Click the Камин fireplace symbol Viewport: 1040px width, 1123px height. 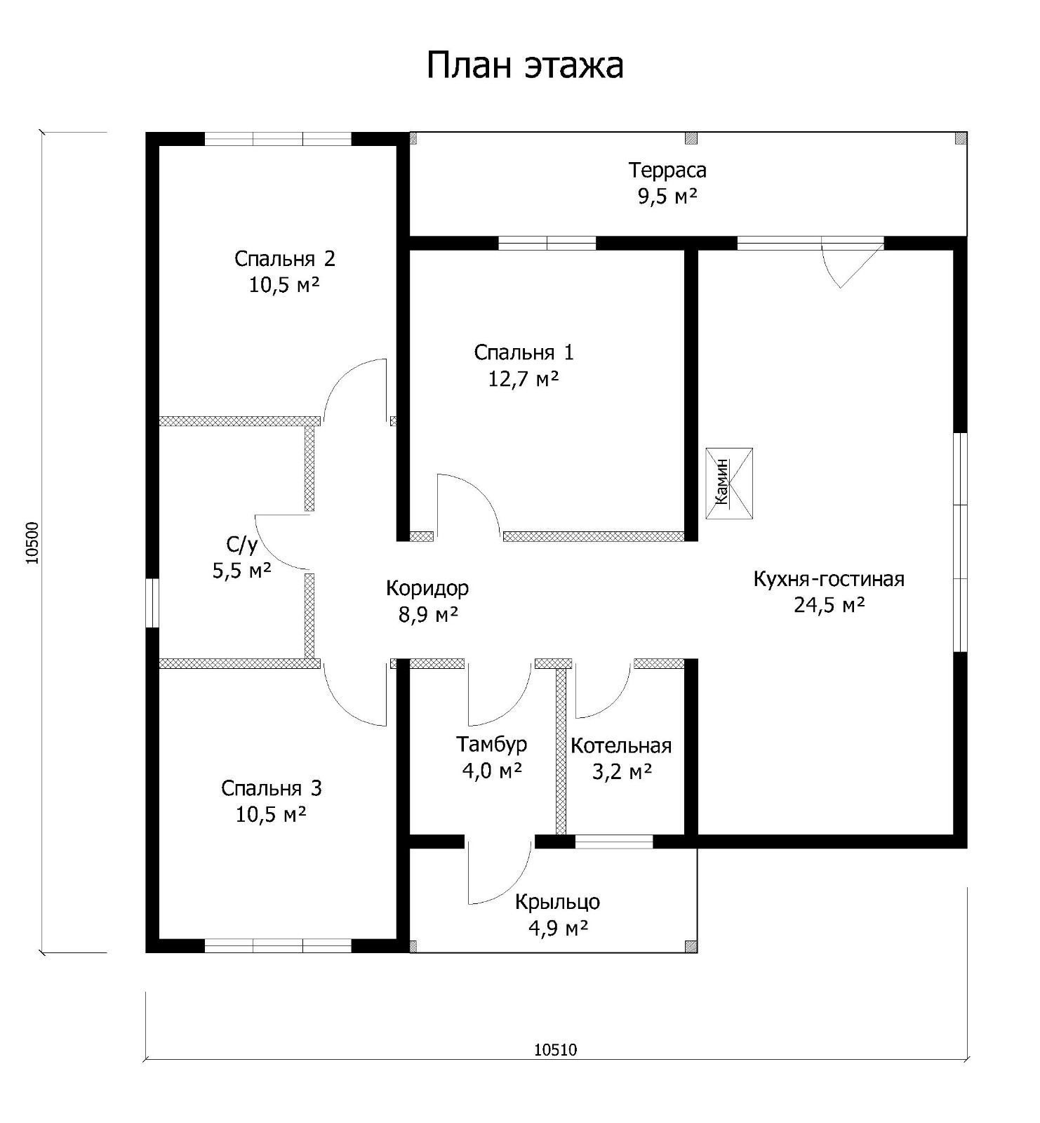(x=729, y=484)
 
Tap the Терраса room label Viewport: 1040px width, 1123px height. (x=667, y=171)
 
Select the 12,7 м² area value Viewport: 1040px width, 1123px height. (x=524, y=379)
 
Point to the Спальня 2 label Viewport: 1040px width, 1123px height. (x=285, y=259)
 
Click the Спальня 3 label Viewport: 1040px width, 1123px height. (x=272, y=789)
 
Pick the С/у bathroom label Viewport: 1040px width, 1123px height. (x=242, y=545)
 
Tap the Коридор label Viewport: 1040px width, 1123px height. (x=427, y=588)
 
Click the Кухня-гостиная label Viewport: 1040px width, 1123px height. (x=829, y=579)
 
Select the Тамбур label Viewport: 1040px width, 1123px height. (x=492, y=744)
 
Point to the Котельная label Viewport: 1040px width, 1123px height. (x=621, y=745)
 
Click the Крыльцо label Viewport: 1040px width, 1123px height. (x=557, y=902)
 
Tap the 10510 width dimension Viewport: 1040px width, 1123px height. (x=555, y=1049)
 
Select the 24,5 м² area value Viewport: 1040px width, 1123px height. (x=829, y=605)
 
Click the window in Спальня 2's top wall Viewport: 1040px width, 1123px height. (x=278, y=138)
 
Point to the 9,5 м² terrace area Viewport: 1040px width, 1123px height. (x=667, y=197)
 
